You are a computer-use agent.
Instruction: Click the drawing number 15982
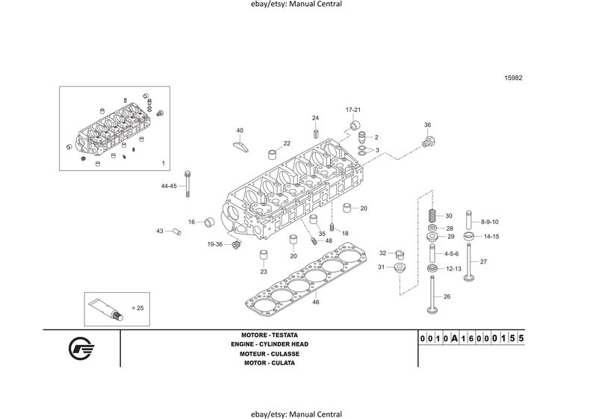click(x=512, y=77)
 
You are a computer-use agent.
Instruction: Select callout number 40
click(x=240, y=130)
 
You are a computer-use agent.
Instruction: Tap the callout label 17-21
click(x=353, y=110)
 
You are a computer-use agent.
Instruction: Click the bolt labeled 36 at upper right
click(x=429, y=140)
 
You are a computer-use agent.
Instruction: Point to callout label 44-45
click(x=169, y=185)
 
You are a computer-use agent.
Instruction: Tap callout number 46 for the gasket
click(x=316, y=302)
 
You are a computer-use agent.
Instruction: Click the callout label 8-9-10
click(x=490, y=222)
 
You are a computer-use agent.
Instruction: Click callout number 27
click(x=483, y=261)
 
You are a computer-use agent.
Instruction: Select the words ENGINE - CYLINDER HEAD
click(x=269, y=344)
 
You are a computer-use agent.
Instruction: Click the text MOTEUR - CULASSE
click(x=269, y=353)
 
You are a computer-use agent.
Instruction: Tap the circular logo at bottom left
click(x=81, y=349)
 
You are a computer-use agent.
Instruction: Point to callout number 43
click(x=159, y=231)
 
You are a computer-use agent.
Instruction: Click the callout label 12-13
click(x=453, y=268)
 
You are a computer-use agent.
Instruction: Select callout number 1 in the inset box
click(x=163, y=163)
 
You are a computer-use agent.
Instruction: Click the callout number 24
click(x=315, y=118)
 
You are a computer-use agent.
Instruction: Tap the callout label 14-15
click(x=491, y=237)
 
